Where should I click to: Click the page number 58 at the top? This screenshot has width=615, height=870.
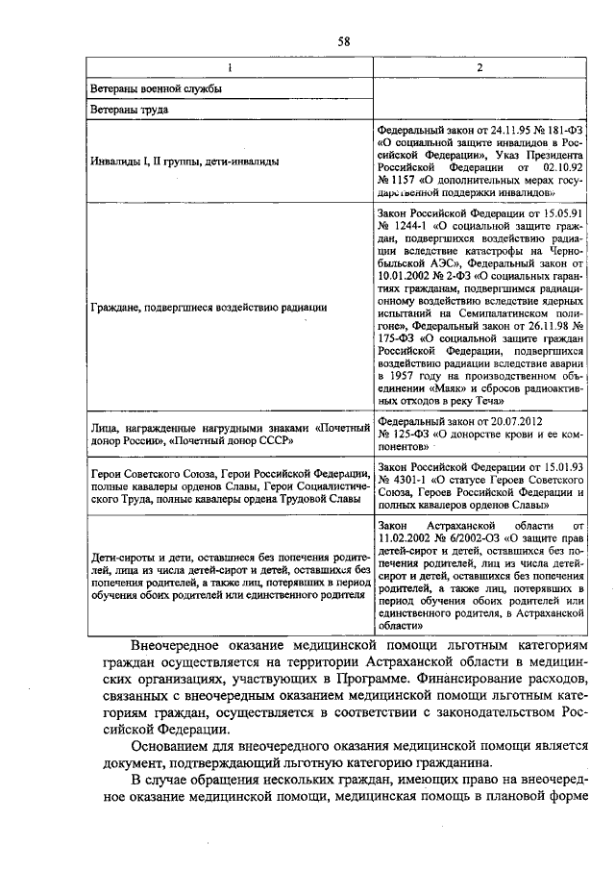343,39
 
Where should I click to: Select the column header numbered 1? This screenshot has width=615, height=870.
229,66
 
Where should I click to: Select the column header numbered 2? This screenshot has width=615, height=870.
480,66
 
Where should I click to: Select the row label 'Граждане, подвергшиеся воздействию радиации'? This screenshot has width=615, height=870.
209,308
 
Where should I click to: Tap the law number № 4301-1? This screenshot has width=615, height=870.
403,478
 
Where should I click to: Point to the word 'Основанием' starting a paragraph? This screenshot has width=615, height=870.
173,744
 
